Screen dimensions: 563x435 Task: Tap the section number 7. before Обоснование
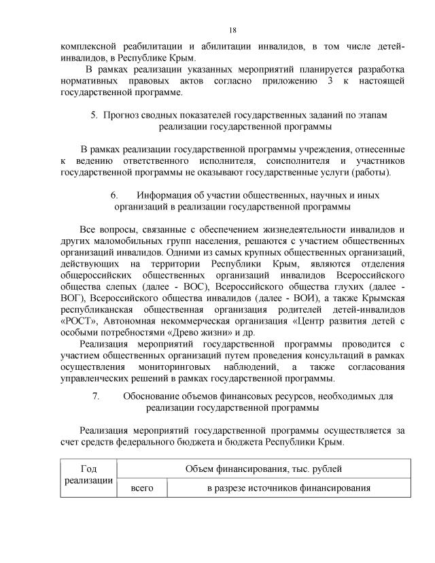pos(96,395)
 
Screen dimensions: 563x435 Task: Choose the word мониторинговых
pos(182,366)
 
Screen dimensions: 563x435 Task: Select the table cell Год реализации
pos(88,475)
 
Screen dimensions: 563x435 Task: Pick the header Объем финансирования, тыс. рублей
pos(264,469)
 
